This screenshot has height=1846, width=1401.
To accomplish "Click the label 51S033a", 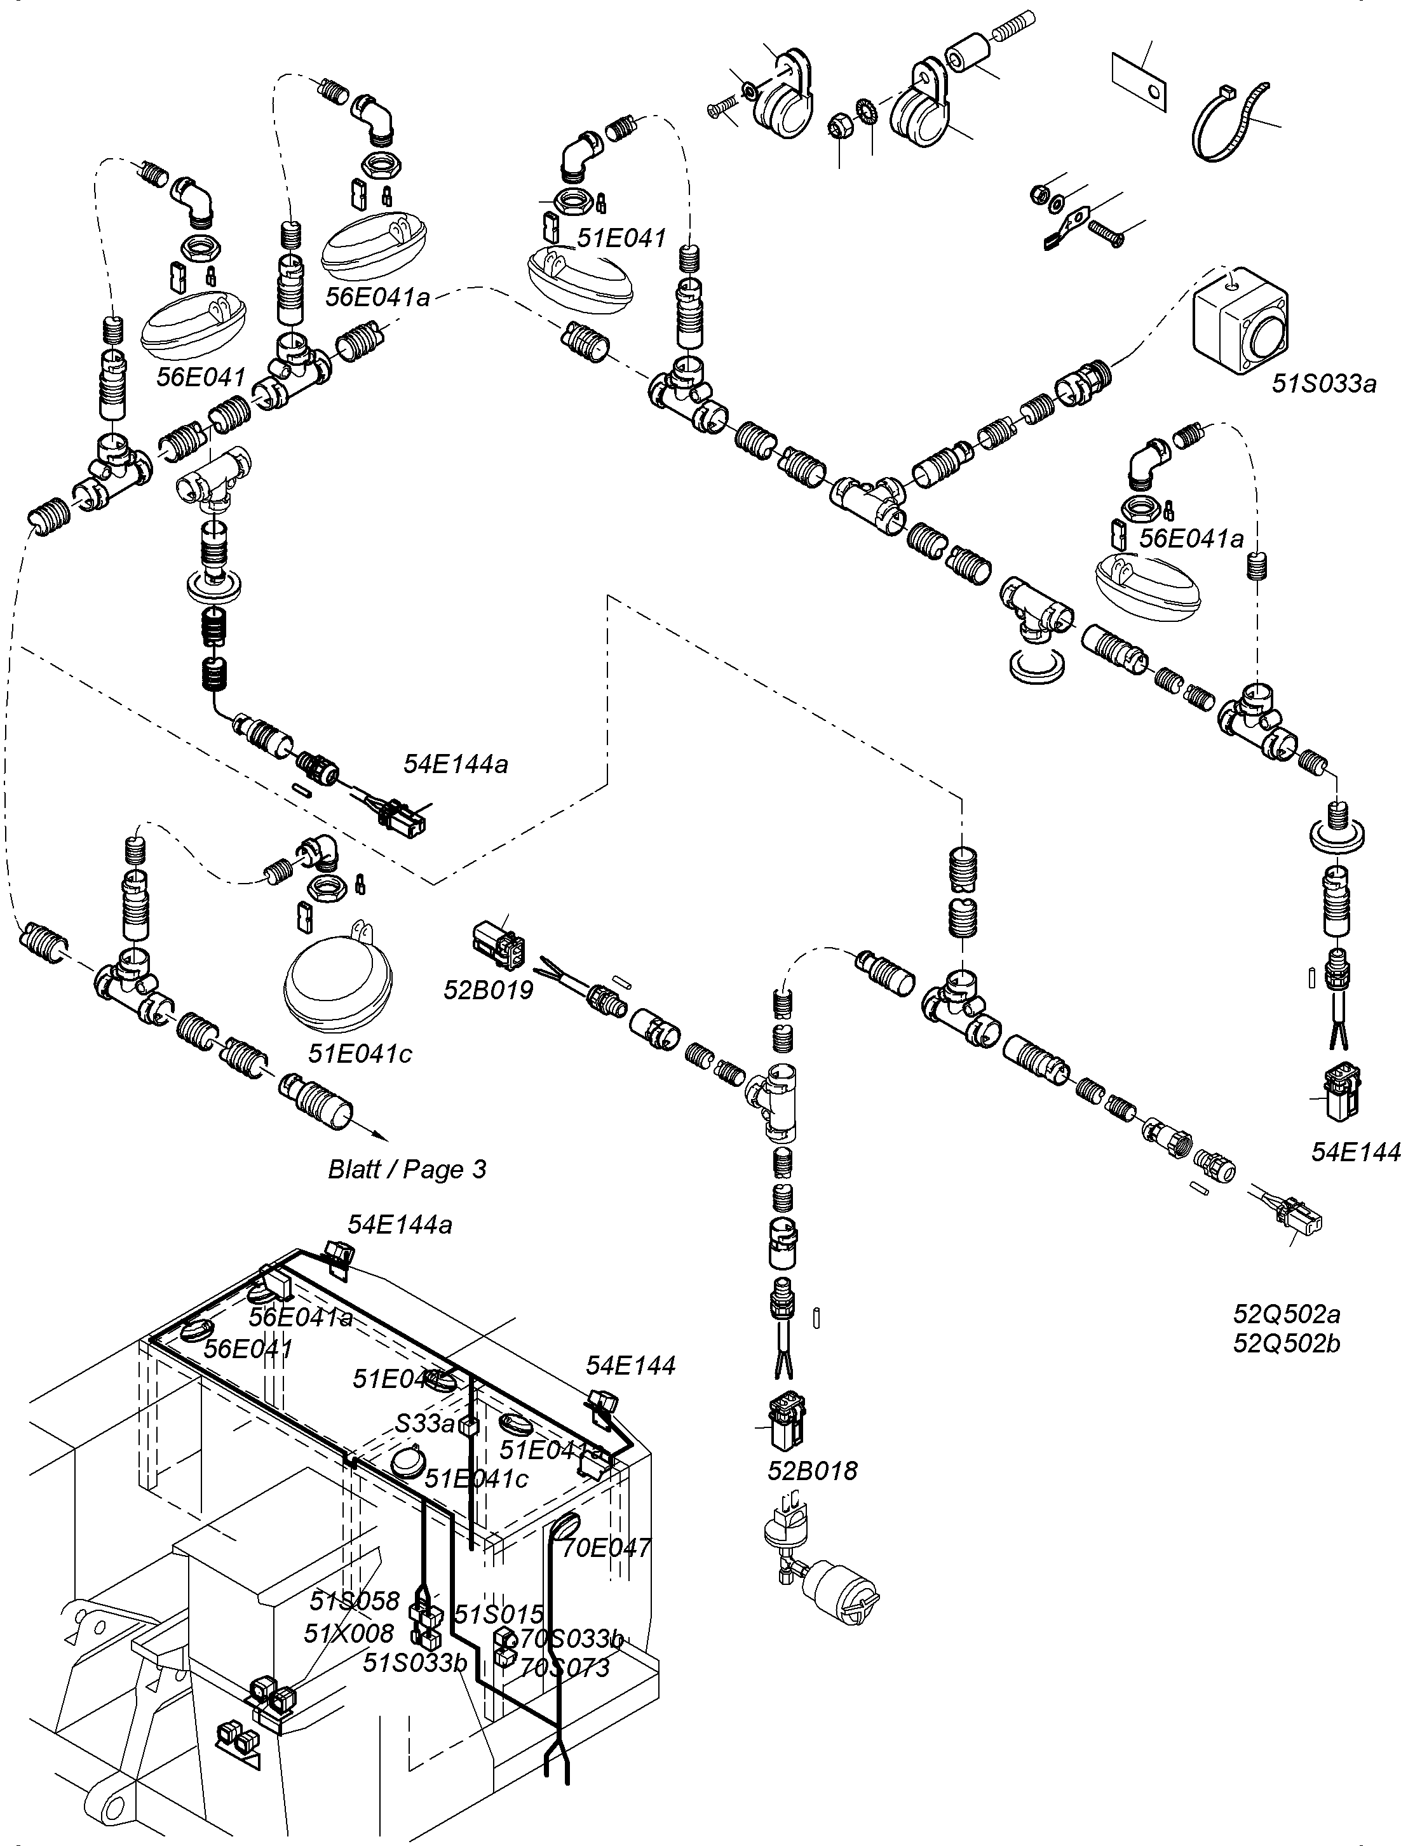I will [1323, 384].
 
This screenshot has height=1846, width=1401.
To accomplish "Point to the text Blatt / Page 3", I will [407, 1169].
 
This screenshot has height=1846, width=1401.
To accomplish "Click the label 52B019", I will [489, 990].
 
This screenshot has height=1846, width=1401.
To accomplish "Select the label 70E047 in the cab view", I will [606, 1548].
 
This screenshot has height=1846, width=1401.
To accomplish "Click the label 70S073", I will [564, 1668].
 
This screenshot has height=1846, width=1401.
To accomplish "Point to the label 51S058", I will [354, 1601].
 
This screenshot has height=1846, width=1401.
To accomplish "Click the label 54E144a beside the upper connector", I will [455, 764].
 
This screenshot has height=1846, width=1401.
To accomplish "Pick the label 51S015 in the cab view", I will [498, 1614].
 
